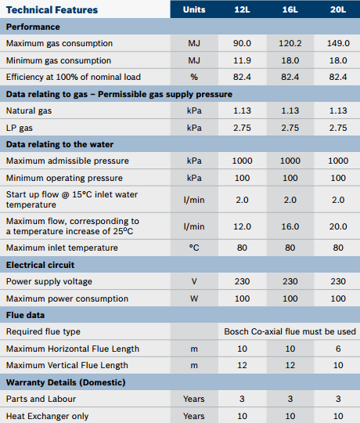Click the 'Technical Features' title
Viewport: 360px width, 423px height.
(x=52, y=10)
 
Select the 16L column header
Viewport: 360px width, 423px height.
(x=290, y=9)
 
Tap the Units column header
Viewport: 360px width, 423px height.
(x=194, y=9)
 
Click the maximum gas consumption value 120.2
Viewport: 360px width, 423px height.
(x=290, y=43)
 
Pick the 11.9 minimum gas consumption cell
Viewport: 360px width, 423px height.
(x=242, y=60)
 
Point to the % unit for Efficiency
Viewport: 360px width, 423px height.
(x=194, y=77)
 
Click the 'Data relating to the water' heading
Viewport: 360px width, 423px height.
(x=59, y=144)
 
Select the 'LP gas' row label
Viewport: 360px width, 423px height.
(x=19, y=128)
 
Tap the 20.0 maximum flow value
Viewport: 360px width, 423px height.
(x=338, y=226)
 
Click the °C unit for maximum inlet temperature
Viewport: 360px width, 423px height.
(x=194, y=248)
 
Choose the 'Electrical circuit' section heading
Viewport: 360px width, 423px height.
(x=40, y=265)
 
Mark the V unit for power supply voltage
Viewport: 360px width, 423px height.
(x=194, y=281)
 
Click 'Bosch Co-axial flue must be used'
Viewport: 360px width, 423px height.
(x=290, y=331)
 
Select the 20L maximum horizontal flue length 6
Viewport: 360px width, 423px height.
(x=338, y=349)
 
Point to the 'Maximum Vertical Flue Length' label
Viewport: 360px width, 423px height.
(x=67, y=365)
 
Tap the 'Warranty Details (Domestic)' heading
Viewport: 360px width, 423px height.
(x=66, y=382)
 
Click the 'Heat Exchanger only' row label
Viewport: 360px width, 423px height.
(x=47, y=416)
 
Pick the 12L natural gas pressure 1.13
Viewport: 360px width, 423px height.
(x=242, y=110)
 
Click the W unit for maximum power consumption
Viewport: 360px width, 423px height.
(x=194, y=298)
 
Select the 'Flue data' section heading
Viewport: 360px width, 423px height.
(x=25, y=315)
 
